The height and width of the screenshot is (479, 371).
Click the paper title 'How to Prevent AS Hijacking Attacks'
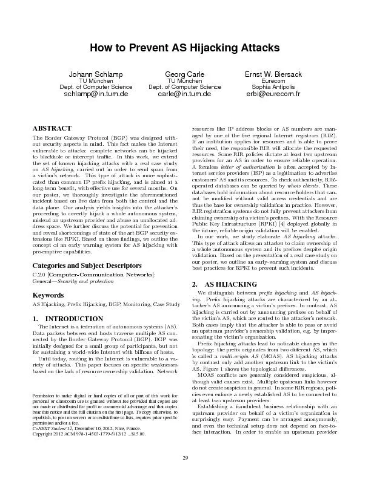[x=185, y=47]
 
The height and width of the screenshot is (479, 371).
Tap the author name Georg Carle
[x=185, y=74]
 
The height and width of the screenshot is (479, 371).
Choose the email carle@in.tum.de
[x=185, y=95]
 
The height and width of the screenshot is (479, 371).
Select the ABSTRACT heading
[x=50, y=128]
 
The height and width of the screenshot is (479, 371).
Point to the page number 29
[x=185, y=457]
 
